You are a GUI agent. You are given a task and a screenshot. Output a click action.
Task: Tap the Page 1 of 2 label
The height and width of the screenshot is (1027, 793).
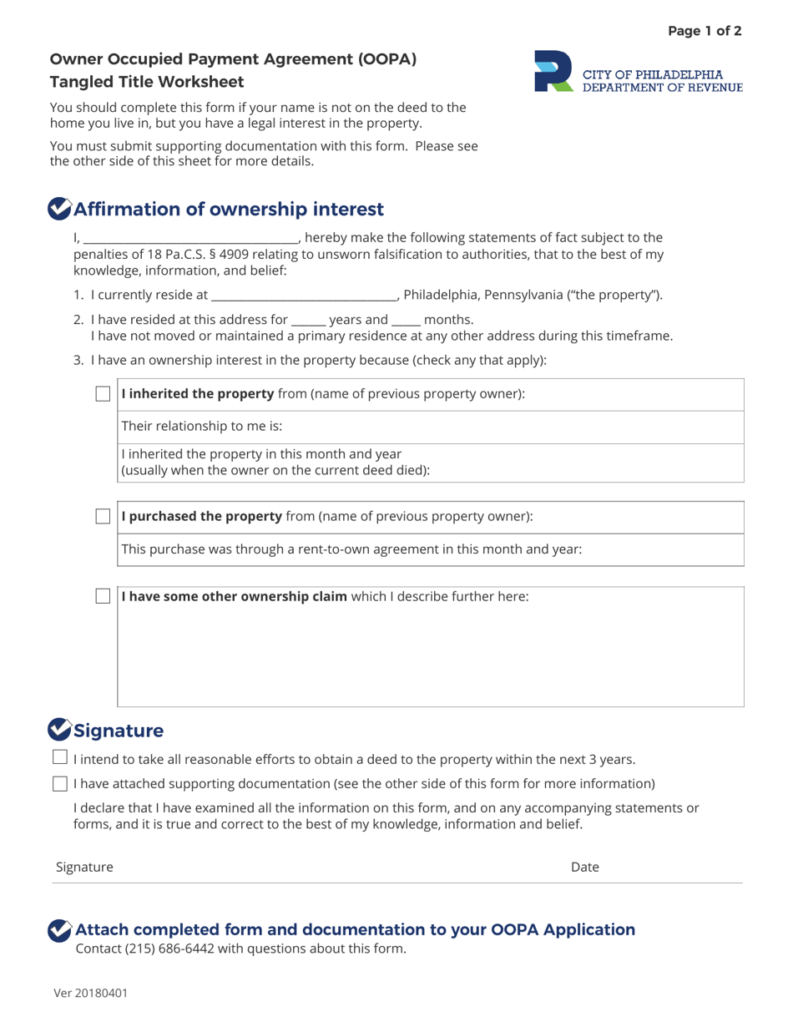[x=705, y=32]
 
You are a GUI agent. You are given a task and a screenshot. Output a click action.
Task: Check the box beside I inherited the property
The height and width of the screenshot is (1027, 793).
[x=103, y=394]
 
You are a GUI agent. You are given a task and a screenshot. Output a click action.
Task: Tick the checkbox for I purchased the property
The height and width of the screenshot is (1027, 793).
[x=103, y=517]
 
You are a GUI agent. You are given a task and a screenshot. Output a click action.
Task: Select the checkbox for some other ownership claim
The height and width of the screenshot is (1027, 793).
[x=103, y=596]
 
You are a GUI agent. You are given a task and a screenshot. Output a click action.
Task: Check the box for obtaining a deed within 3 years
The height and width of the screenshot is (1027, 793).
[x=60, y=758]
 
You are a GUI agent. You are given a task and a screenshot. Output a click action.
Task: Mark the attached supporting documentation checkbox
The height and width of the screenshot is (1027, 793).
[x=60, y=783]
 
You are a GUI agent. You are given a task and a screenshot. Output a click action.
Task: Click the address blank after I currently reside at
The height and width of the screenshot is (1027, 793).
[x=304, y=295]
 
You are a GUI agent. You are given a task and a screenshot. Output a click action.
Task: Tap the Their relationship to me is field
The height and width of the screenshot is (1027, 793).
[x=430, y=427]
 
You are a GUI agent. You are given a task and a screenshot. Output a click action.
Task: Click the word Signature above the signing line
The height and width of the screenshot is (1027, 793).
[x=84, y=868]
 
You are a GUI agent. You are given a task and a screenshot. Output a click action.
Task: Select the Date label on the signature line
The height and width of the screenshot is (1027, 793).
[x=584, y=868]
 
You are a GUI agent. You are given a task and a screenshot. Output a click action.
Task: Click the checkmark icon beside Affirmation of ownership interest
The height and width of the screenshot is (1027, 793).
[x=59, y=209]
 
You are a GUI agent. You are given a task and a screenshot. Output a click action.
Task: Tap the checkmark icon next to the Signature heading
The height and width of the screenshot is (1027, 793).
[x=59, y=730]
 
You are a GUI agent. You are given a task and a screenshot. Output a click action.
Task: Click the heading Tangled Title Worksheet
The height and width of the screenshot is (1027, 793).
[x=147, y=82]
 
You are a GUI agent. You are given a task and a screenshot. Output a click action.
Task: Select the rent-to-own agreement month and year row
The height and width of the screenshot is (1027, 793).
[x=430, y=549]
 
